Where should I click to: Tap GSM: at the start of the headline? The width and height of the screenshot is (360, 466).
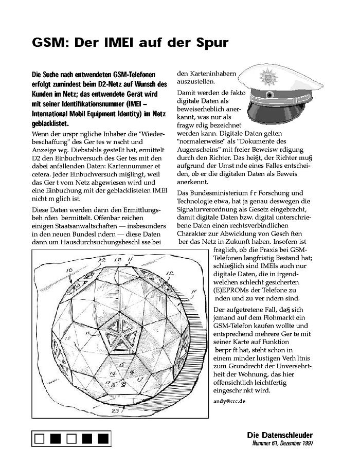(49, 42)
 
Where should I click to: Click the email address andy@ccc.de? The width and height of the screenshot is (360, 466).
(230, 400)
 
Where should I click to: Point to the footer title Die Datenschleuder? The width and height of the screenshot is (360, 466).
(280, 435)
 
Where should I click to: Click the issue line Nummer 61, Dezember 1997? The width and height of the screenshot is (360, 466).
(282, 443)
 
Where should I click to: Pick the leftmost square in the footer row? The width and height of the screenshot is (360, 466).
(40, 438)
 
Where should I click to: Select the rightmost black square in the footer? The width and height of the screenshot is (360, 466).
(103, 438)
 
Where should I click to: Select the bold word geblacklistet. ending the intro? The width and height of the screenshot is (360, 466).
(49, 123)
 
